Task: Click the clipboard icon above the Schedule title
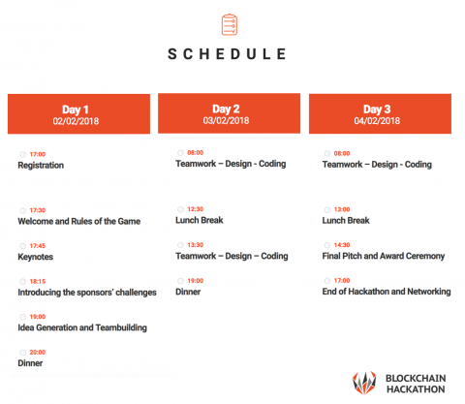230,24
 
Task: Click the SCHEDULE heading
227,54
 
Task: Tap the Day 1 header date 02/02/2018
76,121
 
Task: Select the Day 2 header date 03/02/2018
226,120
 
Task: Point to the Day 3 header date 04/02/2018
377,121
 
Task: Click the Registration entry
41,166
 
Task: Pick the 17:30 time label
38,210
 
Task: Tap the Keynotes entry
36,257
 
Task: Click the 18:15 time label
38,282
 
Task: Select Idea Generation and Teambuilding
82,327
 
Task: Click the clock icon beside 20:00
22,353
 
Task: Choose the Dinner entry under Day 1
30,363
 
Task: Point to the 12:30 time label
196,209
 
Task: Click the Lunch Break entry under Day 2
200,220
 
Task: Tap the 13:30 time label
196,245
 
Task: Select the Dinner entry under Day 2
188,292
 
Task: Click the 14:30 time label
342,245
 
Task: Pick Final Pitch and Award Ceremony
384,256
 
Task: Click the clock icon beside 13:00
327,210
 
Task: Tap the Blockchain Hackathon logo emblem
364,383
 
